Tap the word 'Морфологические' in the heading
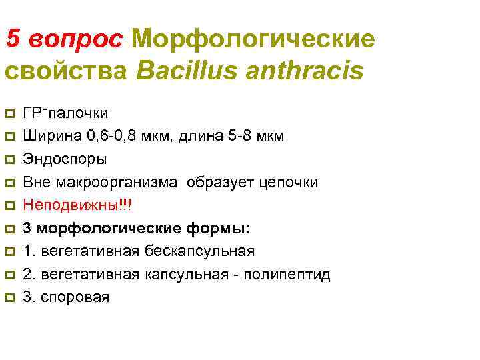253,39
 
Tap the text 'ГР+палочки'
65,112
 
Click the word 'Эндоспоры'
64,159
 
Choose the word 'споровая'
75,297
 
